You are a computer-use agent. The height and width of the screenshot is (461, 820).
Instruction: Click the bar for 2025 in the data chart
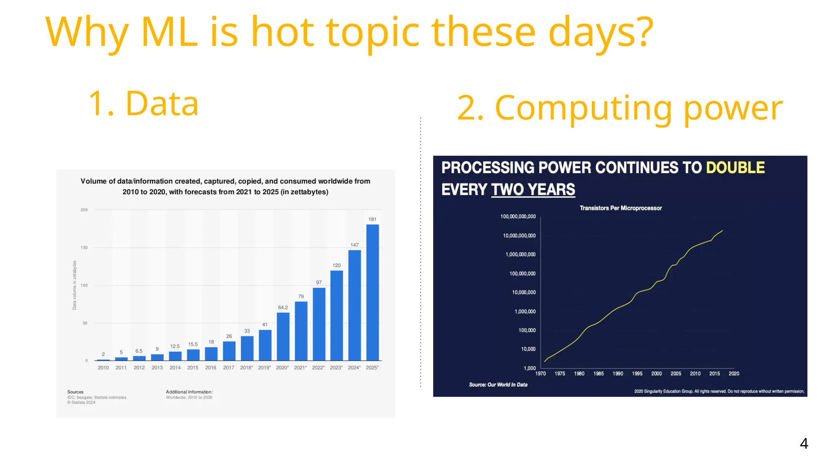tap(372, 293)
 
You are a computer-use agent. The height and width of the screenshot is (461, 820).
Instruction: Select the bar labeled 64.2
tap(283, 337)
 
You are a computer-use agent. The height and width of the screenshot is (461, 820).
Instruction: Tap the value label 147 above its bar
tap(354, 245)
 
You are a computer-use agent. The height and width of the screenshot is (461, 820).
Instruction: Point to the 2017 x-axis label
tap(229, 367)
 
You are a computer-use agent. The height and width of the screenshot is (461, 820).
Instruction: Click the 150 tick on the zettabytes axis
tap(84, 248)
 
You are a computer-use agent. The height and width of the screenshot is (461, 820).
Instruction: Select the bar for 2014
tap(175, 356)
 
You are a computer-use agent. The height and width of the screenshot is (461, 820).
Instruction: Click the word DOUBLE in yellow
tap(735, 168)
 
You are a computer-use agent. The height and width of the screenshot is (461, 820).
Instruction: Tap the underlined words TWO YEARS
tap(533, 189)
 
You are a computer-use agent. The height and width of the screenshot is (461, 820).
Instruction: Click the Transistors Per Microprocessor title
tap(621, 208)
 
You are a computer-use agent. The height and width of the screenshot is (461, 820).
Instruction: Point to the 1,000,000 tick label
tap(525, 311)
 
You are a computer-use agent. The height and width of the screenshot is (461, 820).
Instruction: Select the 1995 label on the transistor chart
tap(637, 373)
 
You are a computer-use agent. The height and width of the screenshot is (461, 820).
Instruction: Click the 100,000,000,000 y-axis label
tap(518, 216)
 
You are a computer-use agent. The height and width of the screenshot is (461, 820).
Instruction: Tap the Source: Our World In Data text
tap(498, 385)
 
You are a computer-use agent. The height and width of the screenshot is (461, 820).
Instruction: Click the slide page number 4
tap(804, 443)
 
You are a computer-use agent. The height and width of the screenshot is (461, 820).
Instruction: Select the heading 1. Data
tap(143, 104)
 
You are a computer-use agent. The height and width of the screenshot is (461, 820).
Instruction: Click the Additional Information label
tap(189, 392)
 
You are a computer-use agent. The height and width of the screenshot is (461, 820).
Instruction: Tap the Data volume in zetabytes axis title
tap(74, 285)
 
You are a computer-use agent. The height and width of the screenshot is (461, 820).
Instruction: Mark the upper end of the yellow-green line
tap(722, 230)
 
